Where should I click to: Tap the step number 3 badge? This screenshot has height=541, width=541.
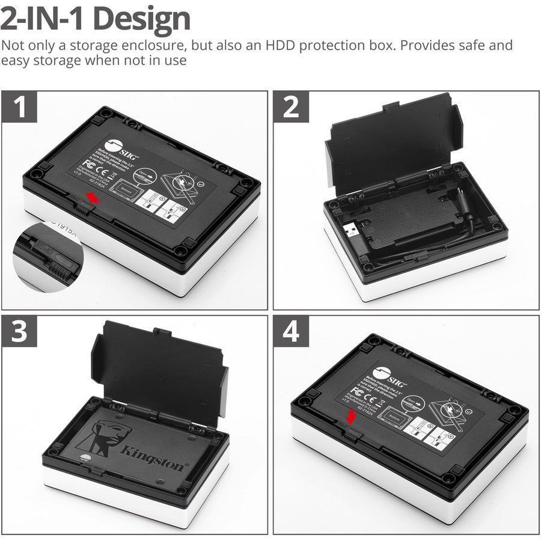point(20,332)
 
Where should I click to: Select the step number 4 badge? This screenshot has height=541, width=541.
point(291,332)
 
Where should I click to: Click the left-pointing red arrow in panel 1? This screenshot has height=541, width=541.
point(92,197)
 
